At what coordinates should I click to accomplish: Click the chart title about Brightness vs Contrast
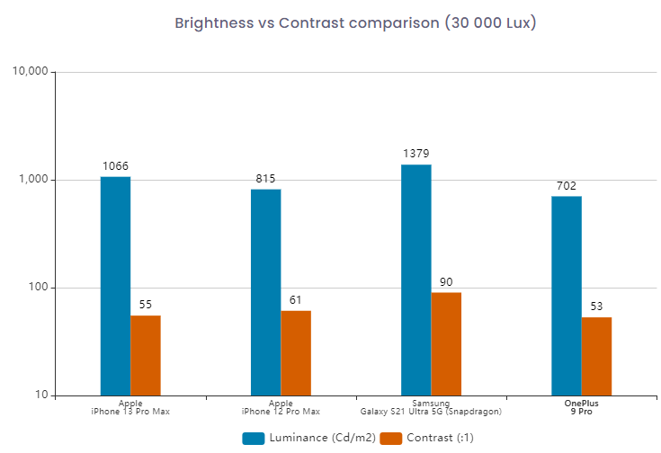point(355,23)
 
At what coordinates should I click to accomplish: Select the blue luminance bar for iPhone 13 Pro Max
point(115,286)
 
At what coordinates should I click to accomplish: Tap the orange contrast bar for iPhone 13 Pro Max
point(146,355)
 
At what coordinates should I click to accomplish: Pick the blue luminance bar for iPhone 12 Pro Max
point(265,292)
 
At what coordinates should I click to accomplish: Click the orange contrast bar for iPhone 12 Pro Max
point(296,353)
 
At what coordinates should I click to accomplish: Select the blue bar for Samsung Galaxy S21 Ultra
point(416,280)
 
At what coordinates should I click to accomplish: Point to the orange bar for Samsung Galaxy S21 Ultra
point(446,343)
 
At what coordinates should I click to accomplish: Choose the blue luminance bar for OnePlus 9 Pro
point(567,296)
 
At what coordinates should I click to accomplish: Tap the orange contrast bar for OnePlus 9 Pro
point(596,356)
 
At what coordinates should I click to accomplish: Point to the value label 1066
point(115,166)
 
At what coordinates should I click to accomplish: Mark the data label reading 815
point(265,179)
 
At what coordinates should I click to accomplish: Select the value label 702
point(567,186)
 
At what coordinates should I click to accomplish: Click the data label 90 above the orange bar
point(446,282)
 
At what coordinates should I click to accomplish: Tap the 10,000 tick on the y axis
point(31,72)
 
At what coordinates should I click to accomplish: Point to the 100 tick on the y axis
point(39,288)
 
